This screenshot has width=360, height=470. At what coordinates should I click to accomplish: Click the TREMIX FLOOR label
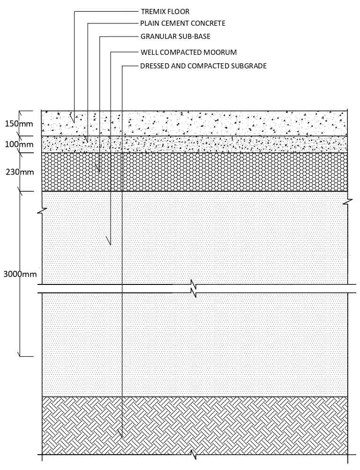point(165,12)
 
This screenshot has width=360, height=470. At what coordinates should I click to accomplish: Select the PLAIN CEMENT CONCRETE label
point(183,23)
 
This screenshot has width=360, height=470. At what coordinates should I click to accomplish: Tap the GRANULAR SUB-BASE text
point(175,36)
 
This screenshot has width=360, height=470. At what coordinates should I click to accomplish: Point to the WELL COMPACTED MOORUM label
point(188,52)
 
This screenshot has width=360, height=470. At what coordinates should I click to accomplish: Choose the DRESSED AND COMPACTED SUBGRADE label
point(203,66)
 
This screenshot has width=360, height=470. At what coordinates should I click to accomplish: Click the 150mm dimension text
point(19,124)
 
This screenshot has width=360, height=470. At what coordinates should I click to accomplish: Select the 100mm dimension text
point(19,144)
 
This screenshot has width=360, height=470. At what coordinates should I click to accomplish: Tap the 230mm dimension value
point(20,172)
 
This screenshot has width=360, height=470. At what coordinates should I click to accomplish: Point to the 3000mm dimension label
point(20,274)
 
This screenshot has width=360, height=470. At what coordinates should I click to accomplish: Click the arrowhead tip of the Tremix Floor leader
point(75,123)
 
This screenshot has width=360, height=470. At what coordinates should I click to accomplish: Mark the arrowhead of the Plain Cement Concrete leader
point(88,142)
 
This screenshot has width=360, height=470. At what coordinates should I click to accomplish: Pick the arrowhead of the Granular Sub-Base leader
point(99,172)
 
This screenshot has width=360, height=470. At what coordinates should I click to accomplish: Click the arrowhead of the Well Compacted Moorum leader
point(111,245)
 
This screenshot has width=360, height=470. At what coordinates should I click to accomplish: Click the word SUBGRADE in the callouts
point(249,66)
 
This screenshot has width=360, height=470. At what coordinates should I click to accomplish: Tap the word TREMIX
point(152,12)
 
